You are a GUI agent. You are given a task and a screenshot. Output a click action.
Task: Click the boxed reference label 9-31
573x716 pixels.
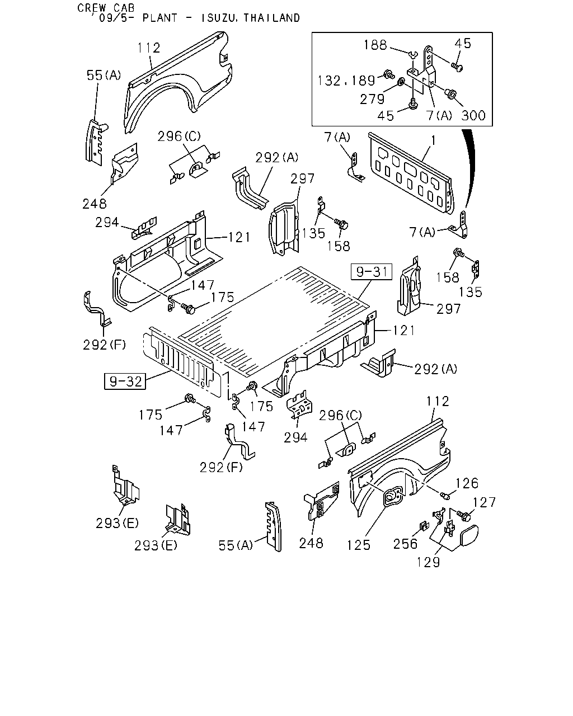click(x=371, y=272)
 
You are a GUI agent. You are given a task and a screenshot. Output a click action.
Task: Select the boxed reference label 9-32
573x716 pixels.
click(x=125, y=381)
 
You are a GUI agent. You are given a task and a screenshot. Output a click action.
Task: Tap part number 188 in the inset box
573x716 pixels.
click(x=375, y=45)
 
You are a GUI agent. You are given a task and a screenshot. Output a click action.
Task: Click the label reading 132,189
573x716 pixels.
click(x=346, y=81)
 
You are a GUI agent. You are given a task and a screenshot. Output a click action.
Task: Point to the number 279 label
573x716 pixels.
click(x=372, y=99)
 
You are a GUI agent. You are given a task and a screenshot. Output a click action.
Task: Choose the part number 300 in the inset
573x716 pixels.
click(x=473, y=115)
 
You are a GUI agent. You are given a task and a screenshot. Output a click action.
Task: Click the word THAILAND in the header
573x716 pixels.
click(x=272, y=18)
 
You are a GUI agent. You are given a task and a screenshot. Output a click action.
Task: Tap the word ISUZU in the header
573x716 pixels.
click(x=218, y=18)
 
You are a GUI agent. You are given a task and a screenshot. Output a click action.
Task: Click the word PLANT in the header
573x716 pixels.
click(x=160, y=18)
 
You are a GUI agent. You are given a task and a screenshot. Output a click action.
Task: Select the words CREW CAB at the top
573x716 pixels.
click(x=106, y=8)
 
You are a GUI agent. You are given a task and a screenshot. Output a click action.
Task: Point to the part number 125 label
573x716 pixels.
click(x=359, y=545)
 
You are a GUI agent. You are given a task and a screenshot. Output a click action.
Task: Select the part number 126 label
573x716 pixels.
click(x=467, y=483)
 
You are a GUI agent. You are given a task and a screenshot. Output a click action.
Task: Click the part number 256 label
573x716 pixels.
click(x=405, y=544)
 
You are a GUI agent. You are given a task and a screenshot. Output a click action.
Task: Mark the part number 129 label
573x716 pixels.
click(x=429, y=562)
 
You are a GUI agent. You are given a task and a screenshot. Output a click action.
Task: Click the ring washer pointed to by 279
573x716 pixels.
click(x=401, y=81)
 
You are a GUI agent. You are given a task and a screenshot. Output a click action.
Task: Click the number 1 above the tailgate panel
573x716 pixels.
click(x=433, y=141)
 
